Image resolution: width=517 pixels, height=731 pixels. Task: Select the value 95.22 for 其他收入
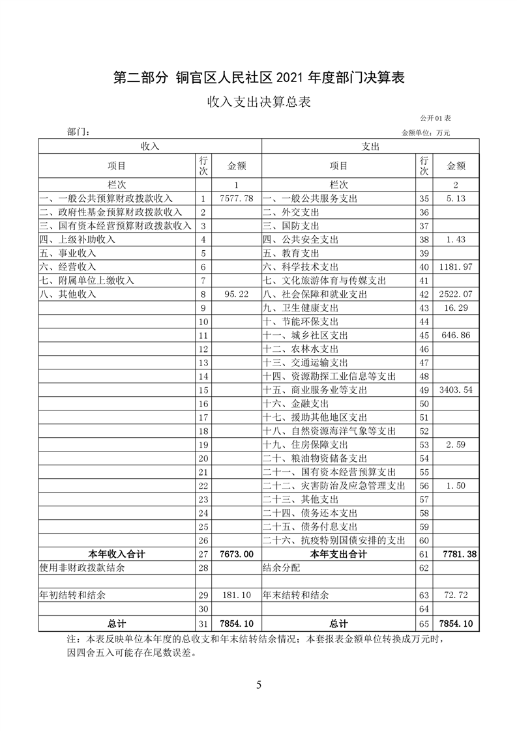[x=235, y=294]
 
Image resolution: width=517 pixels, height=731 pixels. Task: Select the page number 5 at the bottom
[x=259, y=685]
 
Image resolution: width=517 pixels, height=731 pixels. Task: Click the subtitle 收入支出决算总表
[x=258, y=102]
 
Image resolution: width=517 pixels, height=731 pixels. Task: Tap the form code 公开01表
[x=436, y=118]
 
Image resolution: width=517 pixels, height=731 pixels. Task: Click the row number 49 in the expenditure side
[x=424, y=390]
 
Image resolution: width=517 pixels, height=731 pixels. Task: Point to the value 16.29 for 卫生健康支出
[x=456, y=308]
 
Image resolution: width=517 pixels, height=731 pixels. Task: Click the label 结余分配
[x=282, y=568]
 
